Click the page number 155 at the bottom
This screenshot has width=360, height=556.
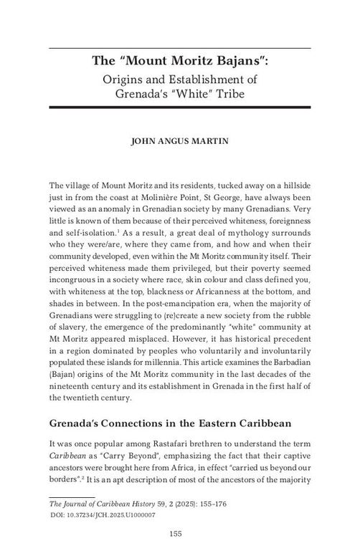coord(179,532)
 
